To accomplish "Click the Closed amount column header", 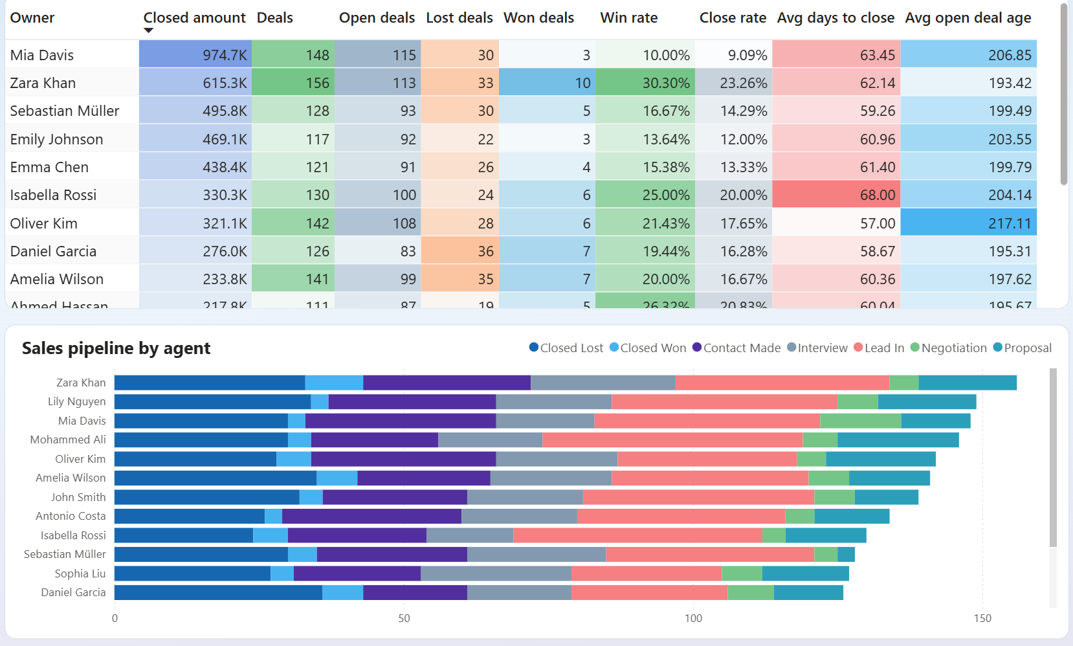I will [194, 17].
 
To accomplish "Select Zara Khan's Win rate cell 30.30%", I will [645, 83].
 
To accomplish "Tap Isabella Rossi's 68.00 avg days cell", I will [836, 195].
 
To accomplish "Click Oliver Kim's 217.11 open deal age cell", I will [968, 223].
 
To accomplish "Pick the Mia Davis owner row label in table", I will [42, 55].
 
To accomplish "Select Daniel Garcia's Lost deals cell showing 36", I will [459, 251].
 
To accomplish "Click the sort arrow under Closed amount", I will [148, 30].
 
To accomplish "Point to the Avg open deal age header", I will [968, 17].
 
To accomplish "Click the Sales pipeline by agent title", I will [116, 348].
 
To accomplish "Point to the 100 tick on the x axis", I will [693, 618].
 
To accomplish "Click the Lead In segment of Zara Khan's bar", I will [782, 383].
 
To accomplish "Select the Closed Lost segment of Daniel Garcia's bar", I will [218, 592].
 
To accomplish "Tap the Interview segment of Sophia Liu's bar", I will [496, 574].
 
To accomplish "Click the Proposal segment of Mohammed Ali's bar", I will [898, 440].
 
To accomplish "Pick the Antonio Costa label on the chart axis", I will [71, 516].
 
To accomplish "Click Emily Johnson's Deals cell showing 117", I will [293, 139].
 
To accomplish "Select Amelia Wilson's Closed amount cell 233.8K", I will [195, 279].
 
